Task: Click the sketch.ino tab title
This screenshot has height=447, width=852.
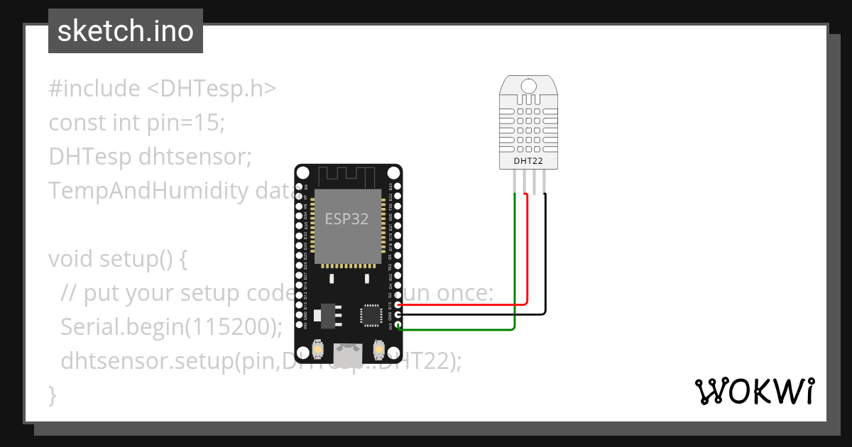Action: click(x=125, y=31)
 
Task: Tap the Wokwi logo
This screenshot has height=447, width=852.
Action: click(x=754, y=392)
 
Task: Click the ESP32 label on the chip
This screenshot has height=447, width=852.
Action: click(x=346, y=219)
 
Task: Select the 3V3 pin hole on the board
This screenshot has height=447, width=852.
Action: click(x=398, y=326)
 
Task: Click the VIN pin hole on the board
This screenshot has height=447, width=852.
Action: click(x=299, y=326)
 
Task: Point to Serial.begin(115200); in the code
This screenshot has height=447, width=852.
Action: click(x=171, y=328)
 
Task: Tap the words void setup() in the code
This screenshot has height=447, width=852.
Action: click(x=111, y=260)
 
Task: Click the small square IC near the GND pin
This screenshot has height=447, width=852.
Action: click(x=371, y=315)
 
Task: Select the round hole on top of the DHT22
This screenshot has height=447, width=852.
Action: click(x=528, y=87)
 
